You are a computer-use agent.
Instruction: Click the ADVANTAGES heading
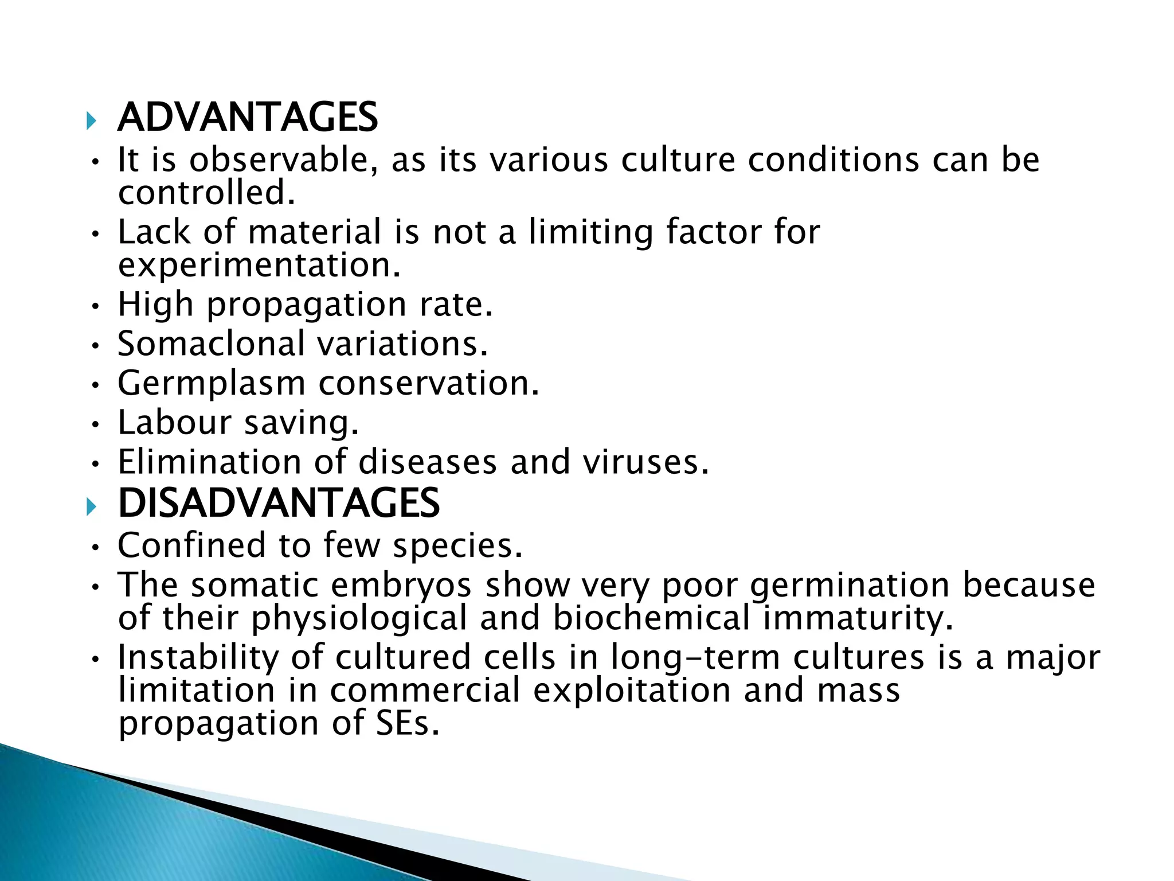click(248, 118)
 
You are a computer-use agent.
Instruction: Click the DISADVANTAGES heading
click(279, 504)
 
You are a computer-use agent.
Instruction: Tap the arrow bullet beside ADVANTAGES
click(91, 121)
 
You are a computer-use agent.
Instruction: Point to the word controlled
click(206, 193)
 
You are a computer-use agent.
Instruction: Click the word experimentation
click(259, 265)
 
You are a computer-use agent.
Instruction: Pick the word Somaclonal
click(212, 344)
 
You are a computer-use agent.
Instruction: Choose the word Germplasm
click(212, 383)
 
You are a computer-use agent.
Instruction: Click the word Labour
click(174, 422)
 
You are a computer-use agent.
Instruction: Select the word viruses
click(646, 462)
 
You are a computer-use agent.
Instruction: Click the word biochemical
click(651, 618)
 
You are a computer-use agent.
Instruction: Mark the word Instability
click(198, 657)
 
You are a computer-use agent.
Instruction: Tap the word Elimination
click(209, 462)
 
